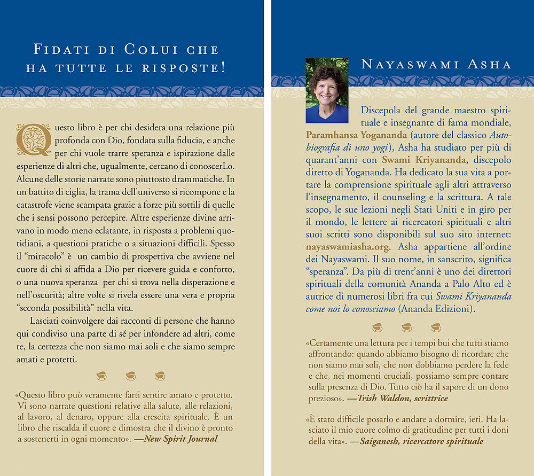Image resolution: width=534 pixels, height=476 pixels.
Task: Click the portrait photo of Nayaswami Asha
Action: (x=327, y=91)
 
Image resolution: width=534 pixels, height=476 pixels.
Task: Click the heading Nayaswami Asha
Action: (x=436, y=65)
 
